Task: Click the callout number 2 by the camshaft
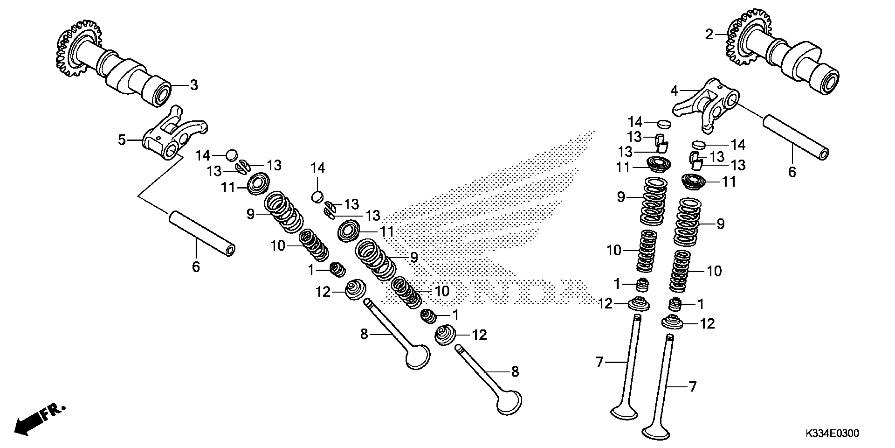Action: pos(709,35)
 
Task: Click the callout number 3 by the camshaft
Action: pos(193,85)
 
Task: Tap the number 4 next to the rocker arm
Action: pos(674,91)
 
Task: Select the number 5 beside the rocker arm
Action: pos(122,140)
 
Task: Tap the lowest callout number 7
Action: pos(693,386)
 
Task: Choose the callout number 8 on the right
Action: pos(515,372)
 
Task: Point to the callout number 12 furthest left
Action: pos(323,292)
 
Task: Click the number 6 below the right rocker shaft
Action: pos(792,172)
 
